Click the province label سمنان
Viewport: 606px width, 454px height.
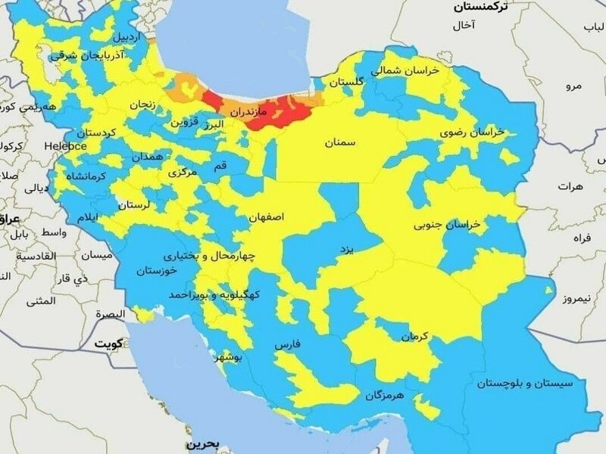point(342,142)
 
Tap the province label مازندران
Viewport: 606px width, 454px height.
point(249,111)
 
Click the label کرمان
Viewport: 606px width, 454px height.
point(415,336)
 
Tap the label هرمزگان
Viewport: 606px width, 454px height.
point(385,395)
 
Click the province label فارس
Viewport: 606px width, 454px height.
point(287,344)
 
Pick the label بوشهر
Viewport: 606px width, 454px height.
point(229,356)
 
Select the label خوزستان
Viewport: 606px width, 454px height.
point(156,270)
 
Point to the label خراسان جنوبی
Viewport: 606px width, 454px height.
point(447,225)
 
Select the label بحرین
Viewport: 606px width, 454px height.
point(202,443)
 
